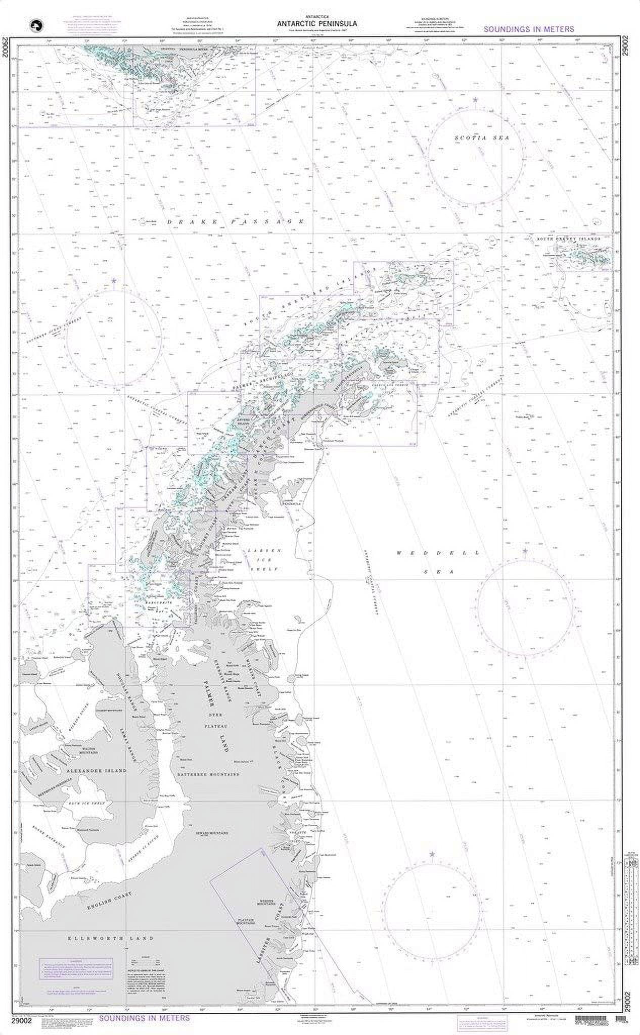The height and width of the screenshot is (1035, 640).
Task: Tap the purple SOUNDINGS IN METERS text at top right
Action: click(x=529, y=29)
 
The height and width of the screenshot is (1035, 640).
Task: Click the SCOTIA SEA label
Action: click(x=476, y=138)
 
